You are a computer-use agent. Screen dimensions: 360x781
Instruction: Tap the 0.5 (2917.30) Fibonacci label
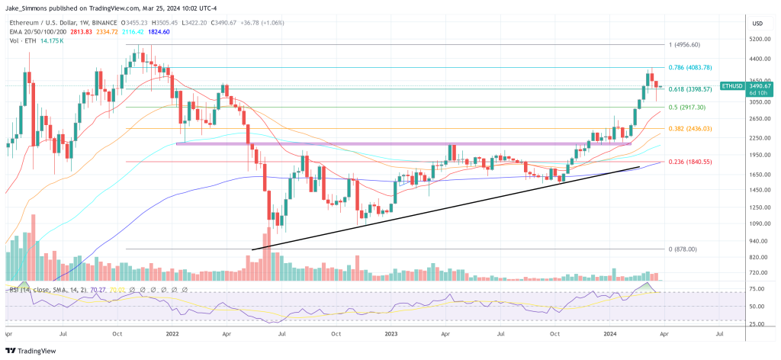pyautogui.click(x=687, y=108)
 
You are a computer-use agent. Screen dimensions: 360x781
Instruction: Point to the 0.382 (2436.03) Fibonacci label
pyautogui.click(x=690, y=129)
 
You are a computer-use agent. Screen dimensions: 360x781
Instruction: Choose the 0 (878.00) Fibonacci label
pyautogui.click(x=683, y=249)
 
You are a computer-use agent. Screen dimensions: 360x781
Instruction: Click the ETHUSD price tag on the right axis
pyautogui.click(x=734, y=86)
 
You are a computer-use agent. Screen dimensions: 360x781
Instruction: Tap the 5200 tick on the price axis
pyautogui.click(x=759, y=39)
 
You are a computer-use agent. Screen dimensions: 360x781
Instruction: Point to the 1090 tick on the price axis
pyautogui.click(x=759, y=223)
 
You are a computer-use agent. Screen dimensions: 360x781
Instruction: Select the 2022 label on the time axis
pyautogui.click(x=172, y=334)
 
